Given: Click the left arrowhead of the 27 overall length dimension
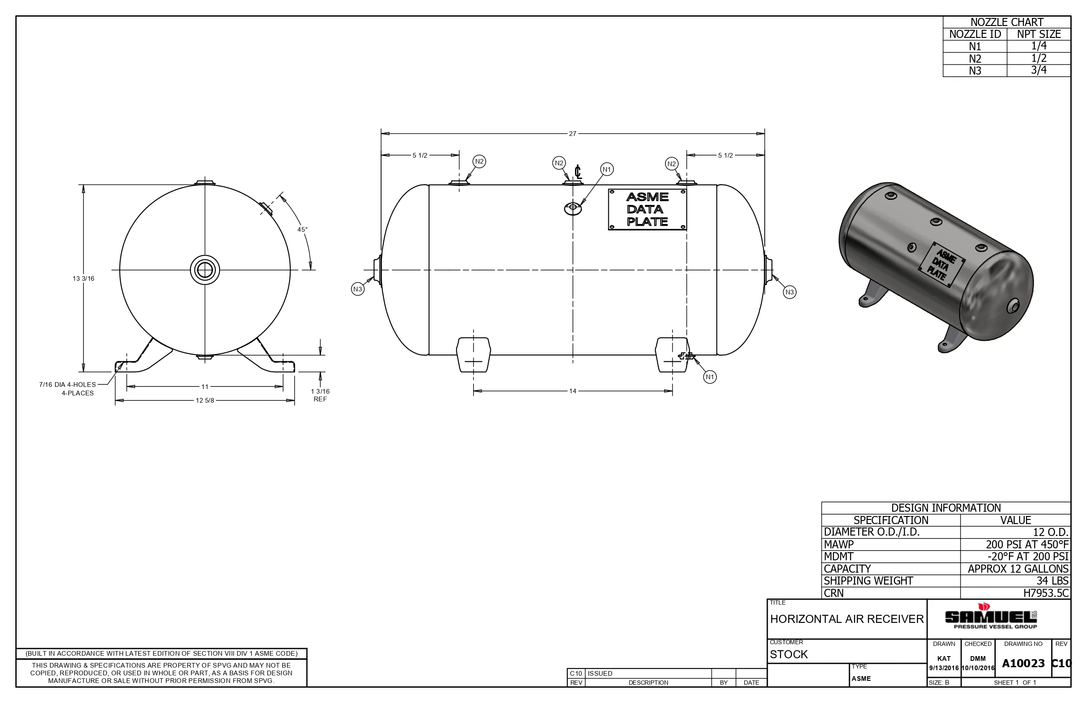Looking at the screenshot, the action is click(385, 134).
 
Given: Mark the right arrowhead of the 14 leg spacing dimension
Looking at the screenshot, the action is click(668, 391).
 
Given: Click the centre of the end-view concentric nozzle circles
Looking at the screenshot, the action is click(205, 270).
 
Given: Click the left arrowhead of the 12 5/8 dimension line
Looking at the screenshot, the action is click(119, 400).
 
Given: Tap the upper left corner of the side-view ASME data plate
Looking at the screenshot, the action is click(608, 190).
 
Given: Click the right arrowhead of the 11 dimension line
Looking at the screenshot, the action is click(279, 387).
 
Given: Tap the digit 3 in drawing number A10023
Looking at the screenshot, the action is click(1041, 663).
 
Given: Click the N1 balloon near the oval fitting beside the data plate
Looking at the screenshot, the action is click(607, 170).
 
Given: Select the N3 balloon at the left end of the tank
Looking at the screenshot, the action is click(358, 289).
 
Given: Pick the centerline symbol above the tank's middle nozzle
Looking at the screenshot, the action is click(578, 172).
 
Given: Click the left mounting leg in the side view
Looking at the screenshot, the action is click(474, 354).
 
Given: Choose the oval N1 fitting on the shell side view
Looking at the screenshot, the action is click(573, 209).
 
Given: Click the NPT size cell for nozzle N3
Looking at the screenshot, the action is click(1038, 70).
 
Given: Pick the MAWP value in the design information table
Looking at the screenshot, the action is click(1027, 544).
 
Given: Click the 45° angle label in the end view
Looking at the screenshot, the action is click(302, 230).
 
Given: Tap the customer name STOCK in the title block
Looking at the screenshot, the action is click(789, 654).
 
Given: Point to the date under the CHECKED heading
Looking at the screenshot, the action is click(978, 668).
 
